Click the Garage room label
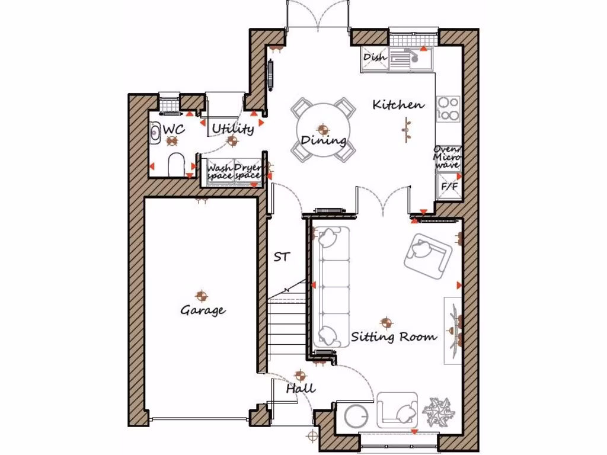click(x=203, y=310)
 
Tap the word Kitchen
click(x=398, y=105)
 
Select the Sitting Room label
click(x=394, y=337)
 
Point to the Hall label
click(x=301, y=389)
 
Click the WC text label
click(x=174, y=129)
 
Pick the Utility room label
click(x=233, y=129)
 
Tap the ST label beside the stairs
click(x=282, y=257)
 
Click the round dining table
click(x=322, y=130)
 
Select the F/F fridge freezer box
click(x=448, y=187)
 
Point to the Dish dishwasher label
click(x=375, y=57)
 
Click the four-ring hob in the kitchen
click(x=448, y=108)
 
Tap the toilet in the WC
click(x=177, y=165)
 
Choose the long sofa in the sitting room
click(x=331, y=287)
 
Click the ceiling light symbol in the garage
click(x=202, y=294)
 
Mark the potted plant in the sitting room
click(x=439, y=410)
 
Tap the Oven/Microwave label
click(x=447, y=157)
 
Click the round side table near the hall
click(x=357, y=415)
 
